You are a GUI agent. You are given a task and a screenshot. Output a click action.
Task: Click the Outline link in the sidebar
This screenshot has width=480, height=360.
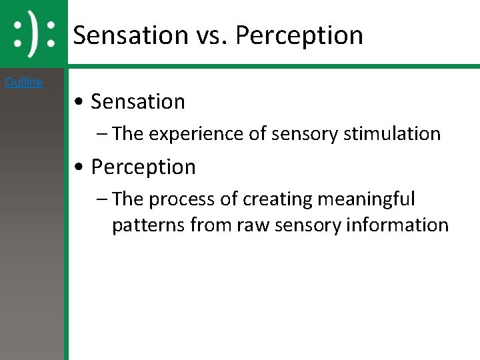(23, 82)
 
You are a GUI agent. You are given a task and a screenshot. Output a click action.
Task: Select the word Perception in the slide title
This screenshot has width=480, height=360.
(299, 35)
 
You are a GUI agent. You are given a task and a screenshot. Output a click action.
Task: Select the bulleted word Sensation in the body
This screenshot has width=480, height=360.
(138, 102)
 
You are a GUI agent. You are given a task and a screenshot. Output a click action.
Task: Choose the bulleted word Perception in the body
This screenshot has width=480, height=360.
(143, 167)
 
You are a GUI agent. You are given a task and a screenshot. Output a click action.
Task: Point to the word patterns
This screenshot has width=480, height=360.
(148, 225)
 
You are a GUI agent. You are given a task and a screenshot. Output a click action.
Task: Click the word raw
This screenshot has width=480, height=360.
(252, 225)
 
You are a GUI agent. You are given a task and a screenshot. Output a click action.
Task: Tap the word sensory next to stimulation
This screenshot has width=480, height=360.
(305, 134)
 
